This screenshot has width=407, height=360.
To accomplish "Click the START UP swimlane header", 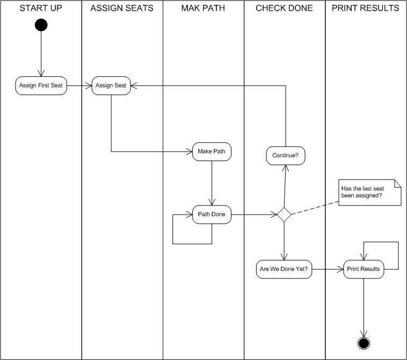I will point(41,9).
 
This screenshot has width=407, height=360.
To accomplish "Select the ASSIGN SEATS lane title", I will point(122,9).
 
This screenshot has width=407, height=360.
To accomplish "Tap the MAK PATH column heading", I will point(203,9).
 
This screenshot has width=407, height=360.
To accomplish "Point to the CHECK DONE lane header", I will point(284,9).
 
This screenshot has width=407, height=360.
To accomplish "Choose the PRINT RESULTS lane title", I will point(365,9).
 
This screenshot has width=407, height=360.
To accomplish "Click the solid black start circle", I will point(41,25).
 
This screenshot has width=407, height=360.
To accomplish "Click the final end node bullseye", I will point(364,343).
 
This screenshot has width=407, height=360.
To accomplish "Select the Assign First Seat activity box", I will point(41,86).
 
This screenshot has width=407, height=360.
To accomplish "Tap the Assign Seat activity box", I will point(111,86).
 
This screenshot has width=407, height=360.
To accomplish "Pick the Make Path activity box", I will point(212,152).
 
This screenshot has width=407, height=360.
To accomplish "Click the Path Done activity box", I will point(212,215).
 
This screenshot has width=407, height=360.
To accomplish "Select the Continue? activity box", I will point(285,156).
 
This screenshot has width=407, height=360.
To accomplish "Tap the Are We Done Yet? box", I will point(284,269).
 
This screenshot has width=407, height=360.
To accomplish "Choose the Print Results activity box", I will point(364,269).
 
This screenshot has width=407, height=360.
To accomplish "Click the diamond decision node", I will point(284,215).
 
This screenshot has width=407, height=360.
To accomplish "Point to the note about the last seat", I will point(369,192).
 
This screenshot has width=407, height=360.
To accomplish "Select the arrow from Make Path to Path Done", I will point(212,182).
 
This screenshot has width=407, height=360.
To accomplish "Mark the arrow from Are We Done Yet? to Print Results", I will point(328,269).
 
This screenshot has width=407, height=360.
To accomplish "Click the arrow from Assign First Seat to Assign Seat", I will point(79,86).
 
